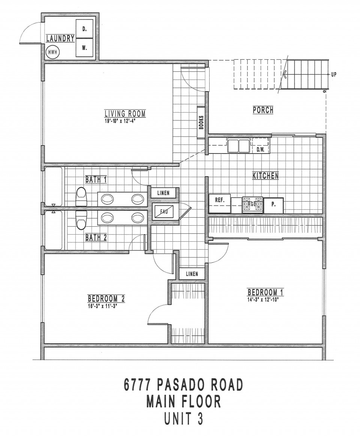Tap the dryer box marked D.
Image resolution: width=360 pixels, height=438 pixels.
(85, 29)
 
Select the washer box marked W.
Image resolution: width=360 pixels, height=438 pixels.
(85, 48)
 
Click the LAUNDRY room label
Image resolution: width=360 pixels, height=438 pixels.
(60, 38)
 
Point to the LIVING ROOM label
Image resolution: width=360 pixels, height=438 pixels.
(125, 114)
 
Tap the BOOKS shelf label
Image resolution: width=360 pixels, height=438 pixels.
(201, 122)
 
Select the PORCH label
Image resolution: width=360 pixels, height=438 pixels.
(263, 110)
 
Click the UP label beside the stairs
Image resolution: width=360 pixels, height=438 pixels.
(333, 75)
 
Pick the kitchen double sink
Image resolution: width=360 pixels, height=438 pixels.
(238, 146)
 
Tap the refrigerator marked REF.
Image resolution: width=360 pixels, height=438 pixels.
(220, 204)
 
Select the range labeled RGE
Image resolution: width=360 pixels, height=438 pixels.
(252, 204)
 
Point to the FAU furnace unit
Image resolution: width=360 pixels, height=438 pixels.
(163, 211)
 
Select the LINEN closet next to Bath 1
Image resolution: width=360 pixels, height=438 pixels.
(163, 193)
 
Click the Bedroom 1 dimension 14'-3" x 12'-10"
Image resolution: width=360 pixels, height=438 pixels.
(264, 300)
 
